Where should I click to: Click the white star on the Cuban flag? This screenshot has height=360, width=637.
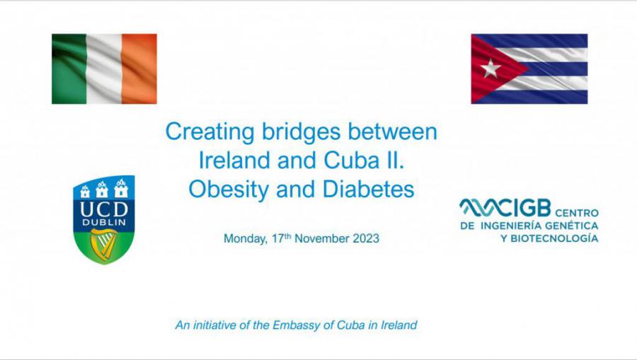point(490,68)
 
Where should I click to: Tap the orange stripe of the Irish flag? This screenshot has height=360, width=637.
point(139,69)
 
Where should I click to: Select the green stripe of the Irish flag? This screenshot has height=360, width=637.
point(69,69)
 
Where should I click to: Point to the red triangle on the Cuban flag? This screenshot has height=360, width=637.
point(492,69)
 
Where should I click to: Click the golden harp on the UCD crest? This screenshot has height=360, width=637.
point(103,245)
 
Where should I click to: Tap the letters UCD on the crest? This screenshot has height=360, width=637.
point(104,209)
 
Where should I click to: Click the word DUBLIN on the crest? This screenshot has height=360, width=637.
point(104,222)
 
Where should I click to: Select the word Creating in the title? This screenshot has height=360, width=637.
point(210,132)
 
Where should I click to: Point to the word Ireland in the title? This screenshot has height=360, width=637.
point(234,161)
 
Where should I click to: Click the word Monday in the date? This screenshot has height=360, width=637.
point(246,238)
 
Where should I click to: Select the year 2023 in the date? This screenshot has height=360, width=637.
point(366,238)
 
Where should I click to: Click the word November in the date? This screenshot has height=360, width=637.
point(322,238)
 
